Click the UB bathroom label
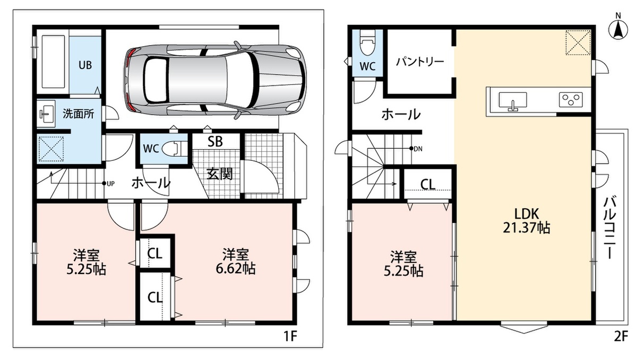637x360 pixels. click(85, 65)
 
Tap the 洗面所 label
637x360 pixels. click(78, 114)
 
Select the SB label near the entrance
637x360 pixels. click(215, 141)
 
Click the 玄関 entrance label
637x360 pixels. click(220, 174)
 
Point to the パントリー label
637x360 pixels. click(420, 62)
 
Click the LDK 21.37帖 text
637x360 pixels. click(527, 221)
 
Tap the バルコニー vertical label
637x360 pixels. click(609, 228)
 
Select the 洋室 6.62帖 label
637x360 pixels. click(236, 262)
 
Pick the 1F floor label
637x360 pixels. click(290, 337)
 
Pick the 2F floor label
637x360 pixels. click(621, 337)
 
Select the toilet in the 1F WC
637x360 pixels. click(174, 149)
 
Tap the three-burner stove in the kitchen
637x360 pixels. click(571, 100)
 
